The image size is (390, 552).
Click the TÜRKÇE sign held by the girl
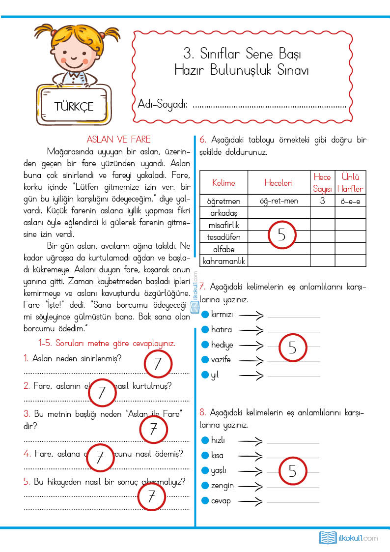pos(74,106)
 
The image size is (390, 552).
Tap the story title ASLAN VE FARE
pos(118,140)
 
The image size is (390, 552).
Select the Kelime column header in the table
pos(223,183)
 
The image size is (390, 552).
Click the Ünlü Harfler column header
pos(350,183)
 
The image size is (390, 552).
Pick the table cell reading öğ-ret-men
pos(279,201)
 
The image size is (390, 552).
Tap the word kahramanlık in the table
pos(224,261)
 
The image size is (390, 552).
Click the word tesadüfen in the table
pos(223,237)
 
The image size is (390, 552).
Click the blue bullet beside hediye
pos(205,345)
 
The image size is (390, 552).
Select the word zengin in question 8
pos(223,486)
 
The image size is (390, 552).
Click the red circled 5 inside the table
pos(281,234)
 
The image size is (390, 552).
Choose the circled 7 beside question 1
pos(158,364)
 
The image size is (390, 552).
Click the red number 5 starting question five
pos(27,482)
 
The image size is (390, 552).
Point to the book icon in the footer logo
pos(327,537)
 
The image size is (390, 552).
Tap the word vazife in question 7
pos(221,360)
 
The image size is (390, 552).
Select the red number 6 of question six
pos(202,140)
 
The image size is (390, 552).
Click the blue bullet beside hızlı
pos(205,440)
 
